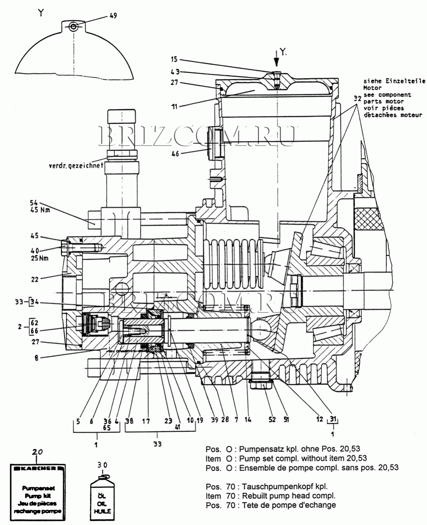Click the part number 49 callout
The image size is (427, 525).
click(x=113, y=15)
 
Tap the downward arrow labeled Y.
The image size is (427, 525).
click(x=276, y=60)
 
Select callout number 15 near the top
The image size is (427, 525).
click(x=174, y=59)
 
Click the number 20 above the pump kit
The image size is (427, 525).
click(x=37, y=452)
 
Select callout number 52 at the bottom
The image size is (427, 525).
click(x=272, y=420)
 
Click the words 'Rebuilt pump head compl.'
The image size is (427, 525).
click(x=289, y=496)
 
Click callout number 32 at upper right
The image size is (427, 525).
click(x=357, y=98)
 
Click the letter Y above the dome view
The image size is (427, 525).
click(x=40, y=13)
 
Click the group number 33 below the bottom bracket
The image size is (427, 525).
click(x=157, y=444)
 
